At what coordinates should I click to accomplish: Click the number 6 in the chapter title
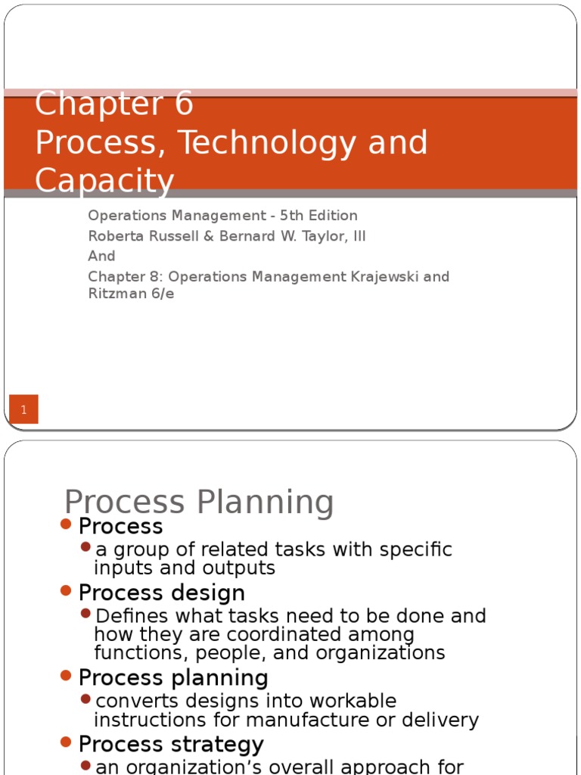tap(184, 104)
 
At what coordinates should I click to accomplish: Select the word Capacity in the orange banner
tap(104, 182)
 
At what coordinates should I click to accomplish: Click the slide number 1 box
tap(23, 409)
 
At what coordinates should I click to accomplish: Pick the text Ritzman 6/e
tap(131, 294)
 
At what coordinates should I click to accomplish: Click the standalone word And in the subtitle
tap(102, 257)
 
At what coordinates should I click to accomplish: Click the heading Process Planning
tap(199, 502)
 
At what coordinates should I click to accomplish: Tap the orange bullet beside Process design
tap(66, 591)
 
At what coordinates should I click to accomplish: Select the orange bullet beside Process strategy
tap(66, 742)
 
